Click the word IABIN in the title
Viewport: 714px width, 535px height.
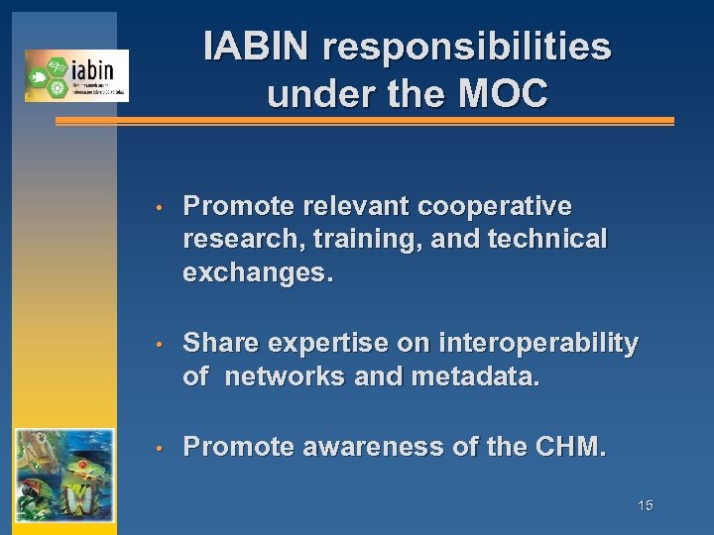pos(257,47)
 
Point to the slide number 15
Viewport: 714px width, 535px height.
pos(645,506)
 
